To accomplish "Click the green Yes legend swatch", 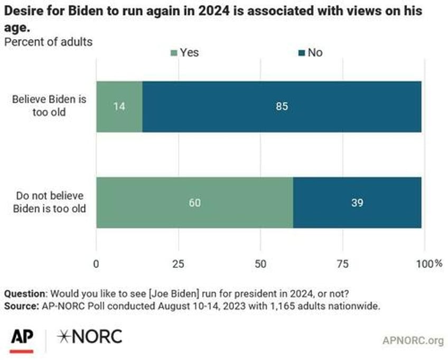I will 174,53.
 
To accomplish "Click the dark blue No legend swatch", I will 302,53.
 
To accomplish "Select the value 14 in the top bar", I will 119,107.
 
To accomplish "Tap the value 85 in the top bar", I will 282,107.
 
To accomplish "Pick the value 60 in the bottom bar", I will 194,202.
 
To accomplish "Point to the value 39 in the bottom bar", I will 357,202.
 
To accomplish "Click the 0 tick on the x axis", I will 96,263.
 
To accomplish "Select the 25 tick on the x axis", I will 178,263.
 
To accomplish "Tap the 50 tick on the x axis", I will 259,263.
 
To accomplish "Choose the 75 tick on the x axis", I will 341,263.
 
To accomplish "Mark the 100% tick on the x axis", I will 428,263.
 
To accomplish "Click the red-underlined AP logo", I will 22,338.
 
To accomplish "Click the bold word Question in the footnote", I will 23,294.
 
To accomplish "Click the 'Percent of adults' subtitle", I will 48,42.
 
